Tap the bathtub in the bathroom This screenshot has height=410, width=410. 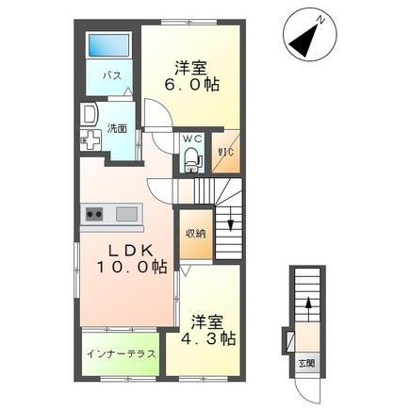(107, 44)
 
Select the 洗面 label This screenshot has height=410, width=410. (116, 128)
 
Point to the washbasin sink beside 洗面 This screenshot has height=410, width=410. (89, 114)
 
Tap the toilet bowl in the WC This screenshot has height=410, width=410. (192, 162)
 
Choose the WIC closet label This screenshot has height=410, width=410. (226, 152)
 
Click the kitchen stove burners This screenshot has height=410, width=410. (93, 213)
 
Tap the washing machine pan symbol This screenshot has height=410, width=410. (90, 142)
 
